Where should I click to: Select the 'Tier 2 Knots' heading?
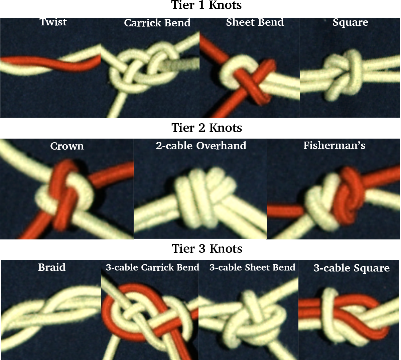coord(207,128)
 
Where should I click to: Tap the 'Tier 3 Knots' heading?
coord(207,249)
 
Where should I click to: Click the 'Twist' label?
coord(53,22)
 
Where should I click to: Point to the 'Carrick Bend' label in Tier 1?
coord(157,23)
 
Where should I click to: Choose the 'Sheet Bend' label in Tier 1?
coord(255,22)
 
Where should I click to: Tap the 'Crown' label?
coord(67,146)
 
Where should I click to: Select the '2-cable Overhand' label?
coord(201,146)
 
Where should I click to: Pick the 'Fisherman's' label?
coord(334,145)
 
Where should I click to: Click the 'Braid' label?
coord(52,267)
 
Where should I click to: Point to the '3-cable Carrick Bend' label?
coord(152,267)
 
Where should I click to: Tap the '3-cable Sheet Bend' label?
coord(252,267)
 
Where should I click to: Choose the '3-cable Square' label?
coord(352,268)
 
